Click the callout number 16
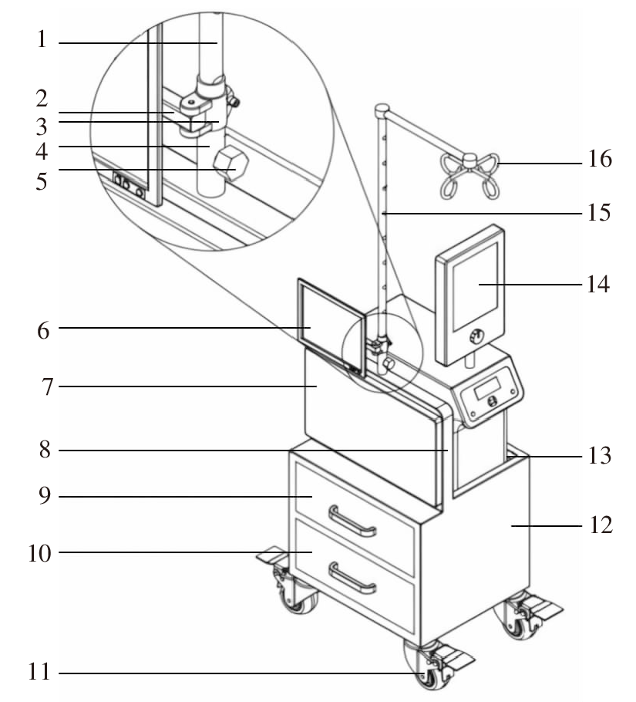pos(600,159)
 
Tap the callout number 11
pos(39,672)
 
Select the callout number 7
pos(48,386)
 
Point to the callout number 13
pos(599,456)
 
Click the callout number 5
pos(42,181)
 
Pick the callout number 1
pos(42,39)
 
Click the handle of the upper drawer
pos(352,521)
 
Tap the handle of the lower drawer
pos(352,578)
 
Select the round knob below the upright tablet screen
pos(476,336)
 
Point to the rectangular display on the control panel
pos(487,388)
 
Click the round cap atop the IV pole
pos(382,109)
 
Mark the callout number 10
pos(39,553)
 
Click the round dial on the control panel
pos(492,401)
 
